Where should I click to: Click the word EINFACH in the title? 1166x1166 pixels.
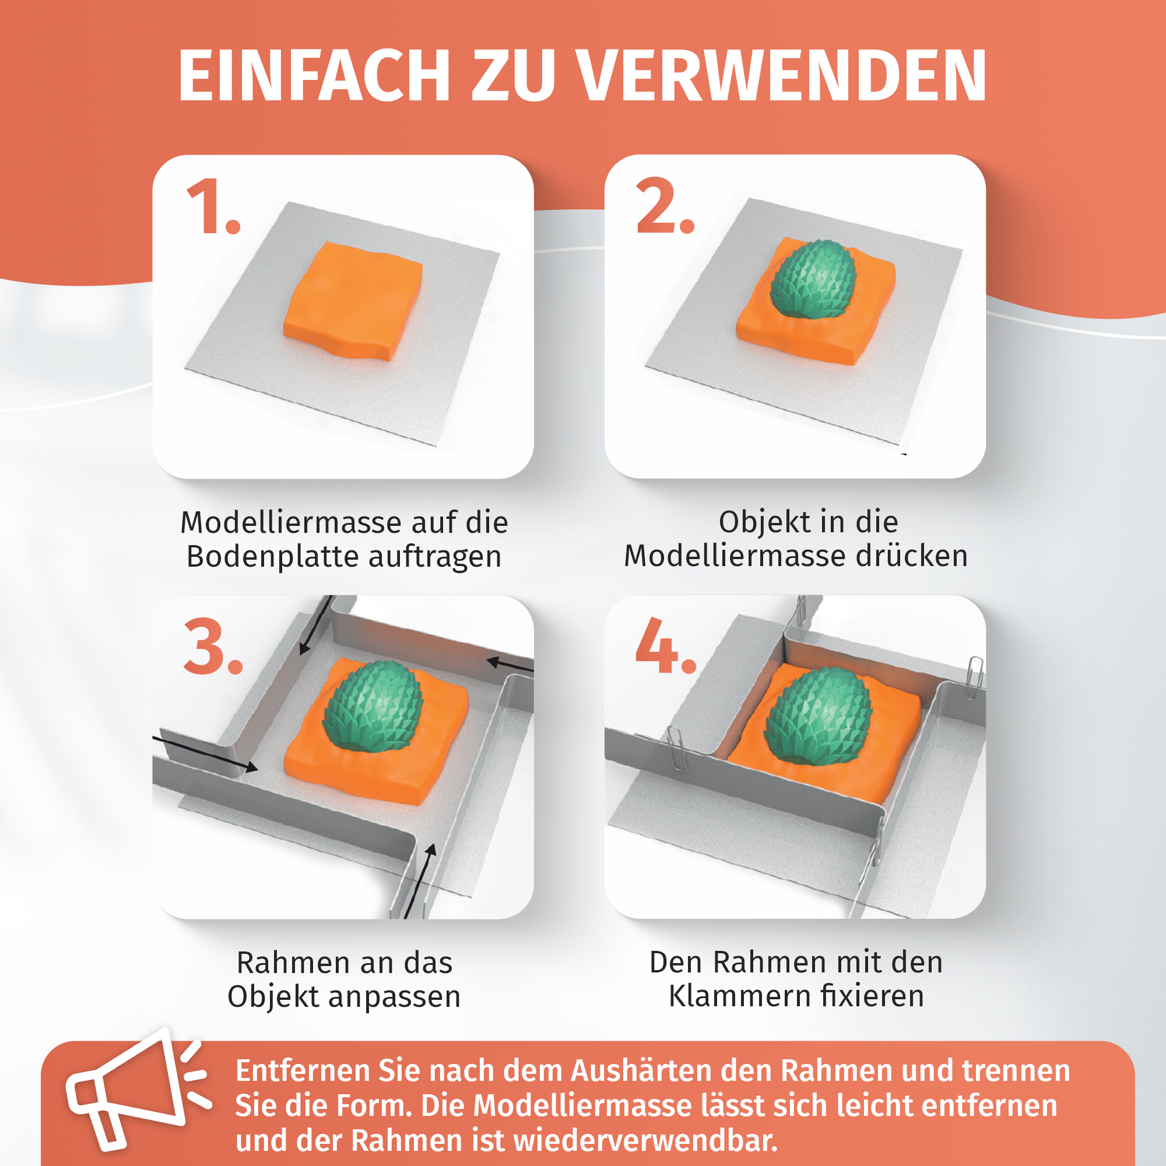(314, 75)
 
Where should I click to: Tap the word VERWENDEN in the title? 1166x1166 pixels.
(782, 75)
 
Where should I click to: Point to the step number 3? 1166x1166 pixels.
(213, 647)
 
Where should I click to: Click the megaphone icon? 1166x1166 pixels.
(138, 1096)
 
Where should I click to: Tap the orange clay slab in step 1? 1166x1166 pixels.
(353, 301)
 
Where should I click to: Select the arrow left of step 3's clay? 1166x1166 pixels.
(206, 753)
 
